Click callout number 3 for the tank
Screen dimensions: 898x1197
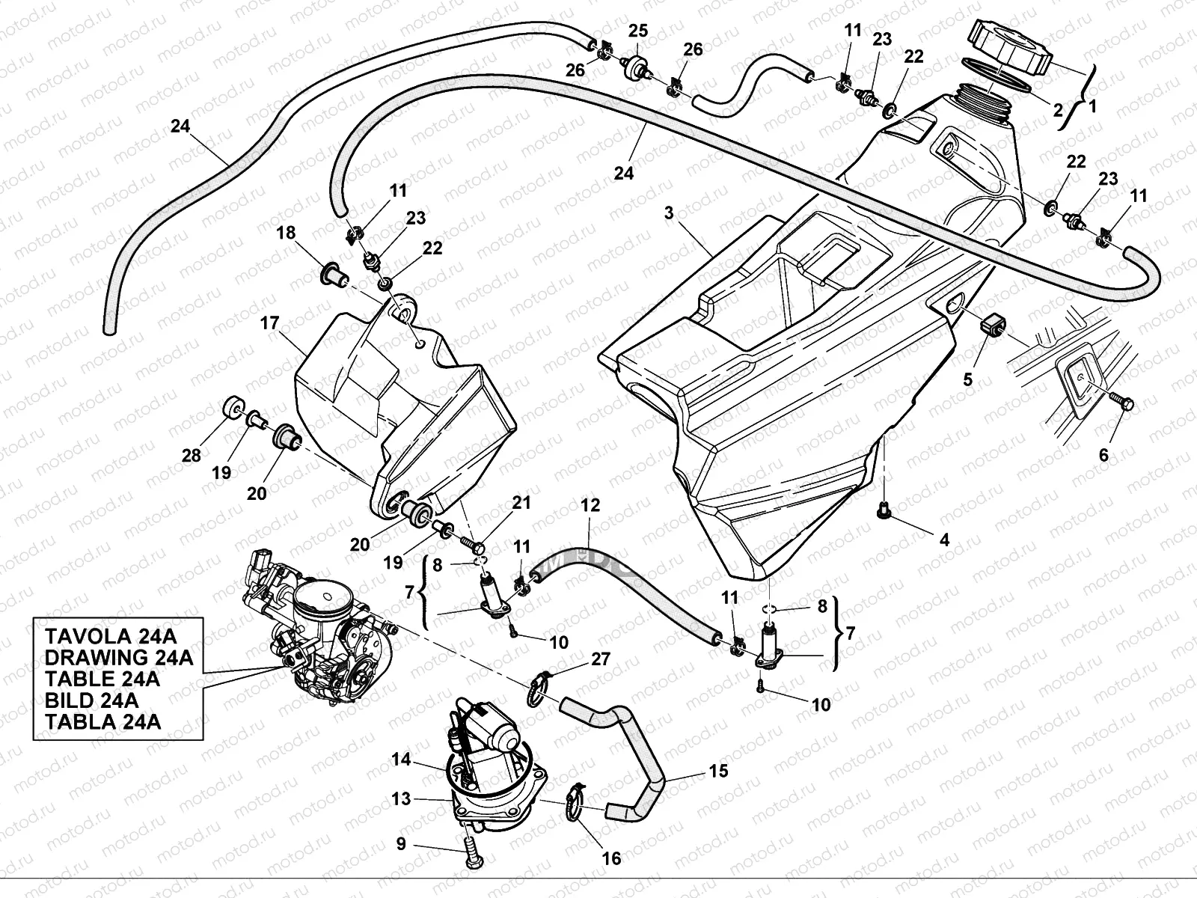pyautogui.click(x=668, y=213)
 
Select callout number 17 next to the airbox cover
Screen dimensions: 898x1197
pyautogui.click(x=269, y=323)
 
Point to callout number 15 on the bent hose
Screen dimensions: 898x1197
pyautogui.click(x=717, y=770)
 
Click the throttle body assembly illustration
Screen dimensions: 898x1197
pyautogui.click(x=318, y=632)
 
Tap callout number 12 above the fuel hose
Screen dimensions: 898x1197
pyautogui.click(x=590, y=506)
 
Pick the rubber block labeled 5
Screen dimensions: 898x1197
pyautogui.click(x=992, y=327)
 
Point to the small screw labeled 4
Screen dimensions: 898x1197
pyautogui.click(x=884, y=511)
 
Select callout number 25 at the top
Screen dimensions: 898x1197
pyautogui.click(x=637, y=31)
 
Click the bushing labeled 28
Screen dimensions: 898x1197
pyautogui.click(x=232, y=407)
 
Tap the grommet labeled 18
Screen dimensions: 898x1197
pyautogui.click(x=331, y=275)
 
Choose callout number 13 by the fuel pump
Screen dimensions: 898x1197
pyautogui.click(x=401, y=798)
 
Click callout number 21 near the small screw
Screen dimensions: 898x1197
pyautogui.click(x=521, y=503)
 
